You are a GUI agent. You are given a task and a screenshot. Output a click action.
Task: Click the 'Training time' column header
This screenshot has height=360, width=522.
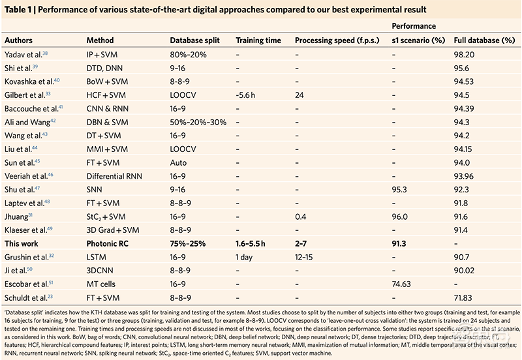(x=258, y=40)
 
